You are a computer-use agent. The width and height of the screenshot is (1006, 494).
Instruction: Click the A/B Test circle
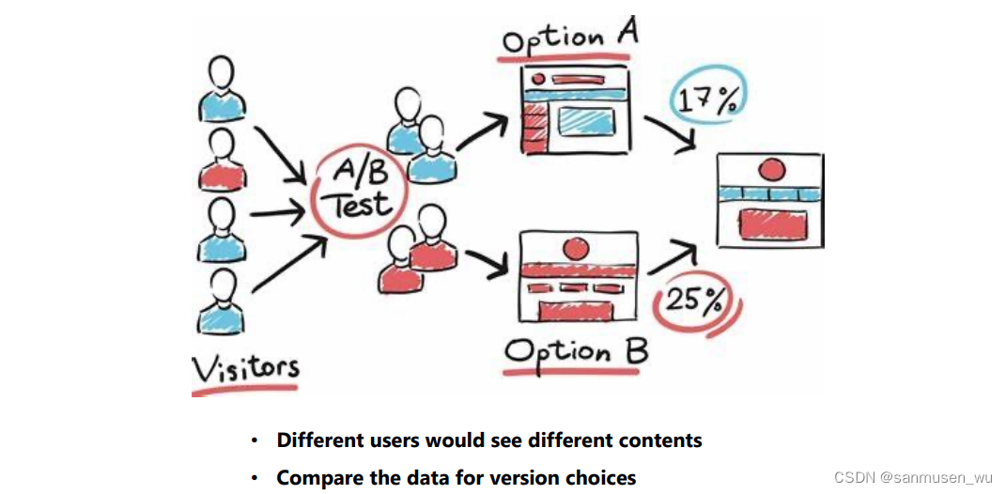[360, 193]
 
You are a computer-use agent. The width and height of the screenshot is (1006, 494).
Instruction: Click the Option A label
[570, 39]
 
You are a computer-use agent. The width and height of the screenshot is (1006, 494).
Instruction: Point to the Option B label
[576, 352]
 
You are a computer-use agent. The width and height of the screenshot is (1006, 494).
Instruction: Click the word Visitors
[246, 367]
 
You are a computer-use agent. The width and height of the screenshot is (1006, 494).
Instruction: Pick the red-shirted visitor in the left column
[223, 160]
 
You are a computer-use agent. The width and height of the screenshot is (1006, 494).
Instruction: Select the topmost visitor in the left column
[223, 89]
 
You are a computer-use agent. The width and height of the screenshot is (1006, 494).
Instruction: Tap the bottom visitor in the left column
[223, 300]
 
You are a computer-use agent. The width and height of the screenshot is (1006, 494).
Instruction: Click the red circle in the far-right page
[771, 170]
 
